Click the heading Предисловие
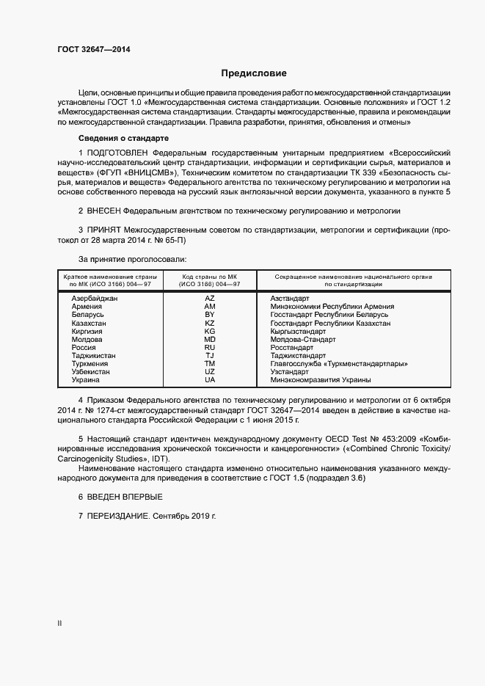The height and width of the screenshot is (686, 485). coord(254,73)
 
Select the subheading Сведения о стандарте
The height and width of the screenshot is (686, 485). coord(123,139)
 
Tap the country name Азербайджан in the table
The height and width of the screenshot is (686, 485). coord(95,299)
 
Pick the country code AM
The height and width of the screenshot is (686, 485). coord(210,307)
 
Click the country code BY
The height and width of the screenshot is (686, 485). coord(210,315)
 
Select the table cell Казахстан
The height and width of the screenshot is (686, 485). coord(89,323)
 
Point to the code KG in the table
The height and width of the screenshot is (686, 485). coord(210,331)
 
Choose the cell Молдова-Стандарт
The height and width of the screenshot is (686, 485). coord(303,339)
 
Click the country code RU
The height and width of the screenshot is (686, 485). coord(210,347)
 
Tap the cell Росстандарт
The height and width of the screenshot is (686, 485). coord(291,347)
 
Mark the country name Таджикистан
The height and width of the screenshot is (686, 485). coord(94,355)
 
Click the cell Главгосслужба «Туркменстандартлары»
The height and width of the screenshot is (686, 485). coord(339,363)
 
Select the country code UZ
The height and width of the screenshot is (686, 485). coord(210,372)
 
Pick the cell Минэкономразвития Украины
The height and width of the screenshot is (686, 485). coord(320,380)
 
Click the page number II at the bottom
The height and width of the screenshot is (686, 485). coord(59,624)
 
